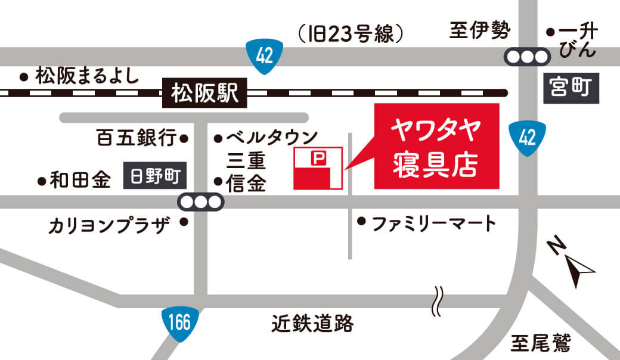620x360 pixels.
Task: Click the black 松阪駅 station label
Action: coord(204,94)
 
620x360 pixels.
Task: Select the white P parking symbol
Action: coord(318,158)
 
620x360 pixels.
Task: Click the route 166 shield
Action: coord(179,323)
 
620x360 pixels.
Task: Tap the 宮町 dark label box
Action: coord(571,89)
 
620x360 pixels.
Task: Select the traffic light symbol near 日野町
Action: coord(200,202)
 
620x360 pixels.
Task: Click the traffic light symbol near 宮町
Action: coord(527,57)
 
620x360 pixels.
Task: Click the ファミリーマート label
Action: coord(433,224)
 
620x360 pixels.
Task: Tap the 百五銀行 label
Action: coord(137,139)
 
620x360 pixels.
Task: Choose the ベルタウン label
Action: coord(269,138)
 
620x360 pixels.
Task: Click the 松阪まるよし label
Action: coord(87,76)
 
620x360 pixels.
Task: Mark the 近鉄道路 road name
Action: coord(312,324)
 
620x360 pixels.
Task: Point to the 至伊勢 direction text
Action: coord(480,30)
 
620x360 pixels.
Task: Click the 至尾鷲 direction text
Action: coord(541,343)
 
